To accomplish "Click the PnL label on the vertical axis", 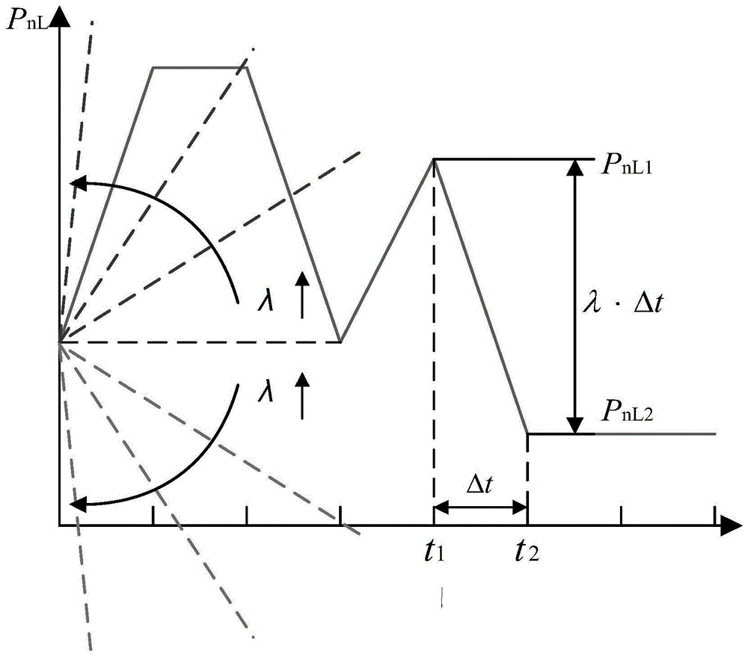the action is coord(26,20).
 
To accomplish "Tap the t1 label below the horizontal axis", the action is coord(434,551).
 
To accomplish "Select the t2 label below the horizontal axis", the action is coord(527,551).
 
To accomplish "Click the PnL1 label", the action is coord(626,165).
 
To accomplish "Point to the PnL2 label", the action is coord(626,411).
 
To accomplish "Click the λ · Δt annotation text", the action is coord(623,302).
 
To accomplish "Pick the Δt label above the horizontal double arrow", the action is coord(479,484).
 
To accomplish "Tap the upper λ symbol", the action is coord(266,300).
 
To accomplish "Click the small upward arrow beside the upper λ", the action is coord(302,294).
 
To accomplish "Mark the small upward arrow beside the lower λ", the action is coord(302,395).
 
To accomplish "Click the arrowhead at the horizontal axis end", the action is coord(732,525).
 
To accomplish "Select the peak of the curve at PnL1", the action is coord(434,158).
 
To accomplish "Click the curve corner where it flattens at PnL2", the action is coord(527,434).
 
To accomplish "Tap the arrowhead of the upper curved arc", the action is coord(78,183).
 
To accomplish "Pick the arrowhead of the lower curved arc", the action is coord(78,504).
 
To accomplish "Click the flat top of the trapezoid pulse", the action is coord(200,67).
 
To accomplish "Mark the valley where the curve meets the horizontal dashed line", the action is coord(340,342).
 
